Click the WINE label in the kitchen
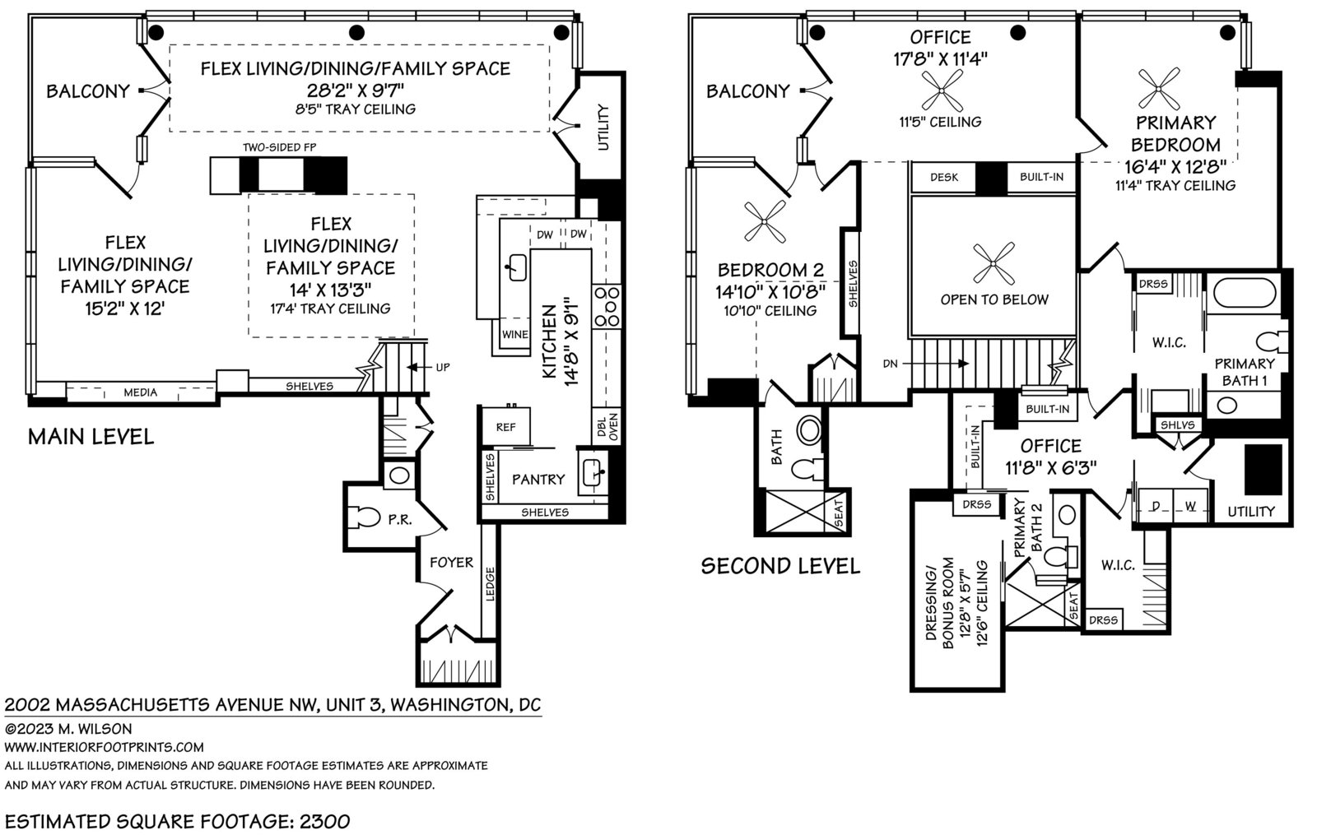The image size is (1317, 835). point(515,334)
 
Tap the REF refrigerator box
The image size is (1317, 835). point(506,426)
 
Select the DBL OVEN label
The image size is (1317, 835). point(607,427)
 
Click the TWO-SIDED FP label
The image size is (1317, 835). point(279,147)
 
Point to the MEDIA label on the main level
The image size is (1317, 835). point(141,392)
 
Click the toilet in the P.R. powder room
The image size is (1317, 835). point(365,517)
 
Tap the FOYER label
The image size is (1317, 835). point(452,563)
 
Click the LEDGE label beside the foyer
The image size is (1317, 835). point(491,584)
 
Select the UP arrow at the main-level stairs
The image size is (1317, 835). point(419,367)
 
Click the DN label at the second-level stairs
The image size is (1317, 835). point(890,364)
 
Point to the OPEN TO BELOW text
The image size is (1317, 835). point(994,299)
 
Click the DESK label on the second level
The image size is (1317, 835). point(944,177)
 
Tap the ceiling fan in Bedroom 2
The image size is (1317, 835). point(765,221)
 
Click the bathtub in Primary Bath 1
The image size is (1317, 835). point(1244,292)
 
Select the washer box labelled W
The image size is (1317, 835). point(1190,505)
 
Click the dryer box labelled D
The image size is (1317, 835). point(1156,505)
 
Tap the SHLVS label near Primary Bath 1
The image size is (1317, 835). point(1178,424)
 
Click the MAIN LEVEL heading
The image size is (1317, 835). point(91,437)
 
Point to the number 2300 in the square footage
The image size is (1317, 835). point(325,821)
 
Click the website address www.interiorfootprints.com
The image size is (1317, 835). point(104,747)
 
